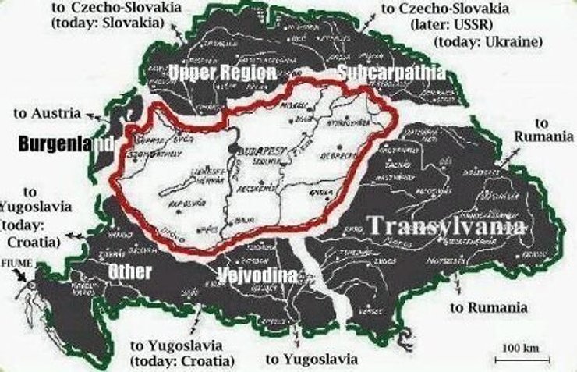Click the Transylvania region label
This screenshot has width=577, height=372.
(445, 225)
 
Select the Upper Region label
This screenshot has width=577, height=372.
(222, 73)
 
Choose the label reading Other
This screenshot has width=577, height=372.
(130, 271)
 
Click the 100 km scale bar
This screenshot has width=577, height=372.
(518, 353)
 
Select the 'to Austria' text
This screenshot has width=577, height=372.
(47, 113)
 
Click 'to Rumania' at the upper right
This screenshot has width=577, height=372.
(543, 130)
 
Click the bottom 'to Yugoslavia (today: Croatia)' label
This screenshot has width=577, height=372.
(182, 353)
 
